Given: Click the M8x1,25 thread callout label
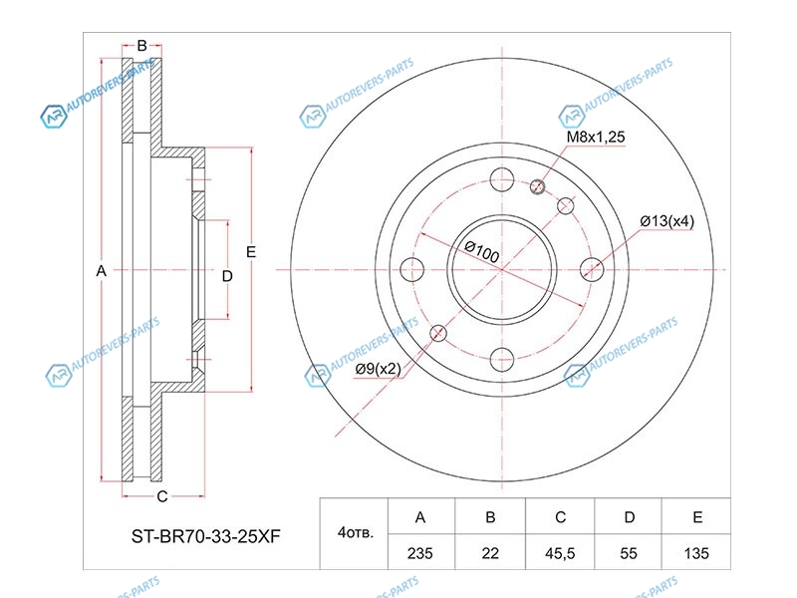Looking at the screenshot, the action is click(595, 137).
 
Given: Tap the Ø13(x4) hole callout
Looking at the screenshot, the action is click(666, 221).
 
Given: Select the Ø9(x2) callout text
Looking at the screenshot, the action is click(379, 369).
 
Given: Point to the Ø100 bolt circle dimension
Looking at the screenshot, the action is click(482, 251).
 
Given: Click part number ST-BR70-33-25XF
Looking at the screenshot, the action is click(206, 536).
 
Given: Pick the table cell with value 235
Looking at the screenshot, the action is click(419, 553).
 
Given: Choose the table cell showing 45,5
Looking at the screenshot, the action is click(560, 553).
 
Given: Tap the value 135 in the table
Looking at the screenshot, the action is click(695, 553).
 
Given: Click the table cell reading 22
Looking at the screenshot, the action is click(490, 553).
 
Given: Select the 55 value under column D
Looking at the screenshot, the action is click(629, 553).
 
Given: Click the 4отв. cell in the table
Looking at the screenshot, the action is click(355, 532).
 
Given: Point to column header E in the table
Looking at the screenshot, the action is click(697, 517).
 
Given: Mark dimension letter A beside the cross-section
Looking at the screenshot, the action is click(102, 271).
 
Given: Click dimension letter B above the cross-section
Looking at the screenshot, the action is click(141, 46).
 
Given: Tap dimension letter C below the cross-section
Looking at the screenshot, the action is click(162, 496).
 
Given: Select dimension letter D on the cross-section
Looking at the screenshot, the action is click(227, 276).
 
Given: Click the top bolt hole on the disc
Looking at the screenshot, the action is click(502, 179).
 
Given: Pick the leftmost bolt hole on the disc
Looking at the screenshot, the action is click(411, 269).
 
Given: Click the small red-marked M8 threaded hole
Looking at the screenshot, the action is click(537, 186).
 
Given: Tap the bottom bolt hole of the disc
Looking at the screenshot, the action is click(502, 360).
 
